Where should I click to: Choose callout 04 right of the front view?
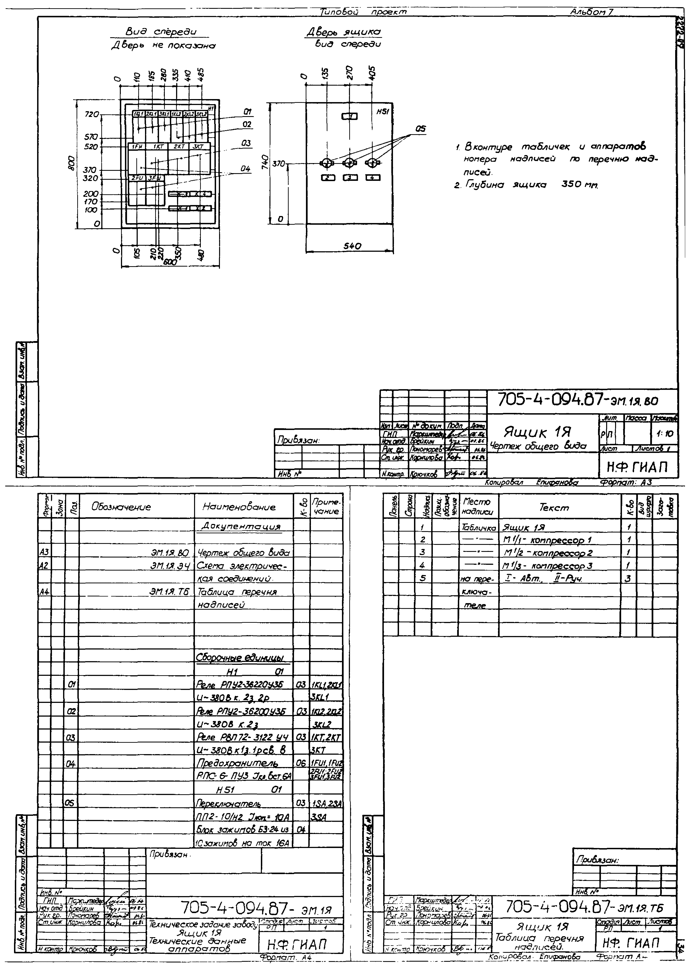tap(246, 169)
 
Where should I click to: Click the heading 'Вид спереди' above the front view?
tap(161, 32)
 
